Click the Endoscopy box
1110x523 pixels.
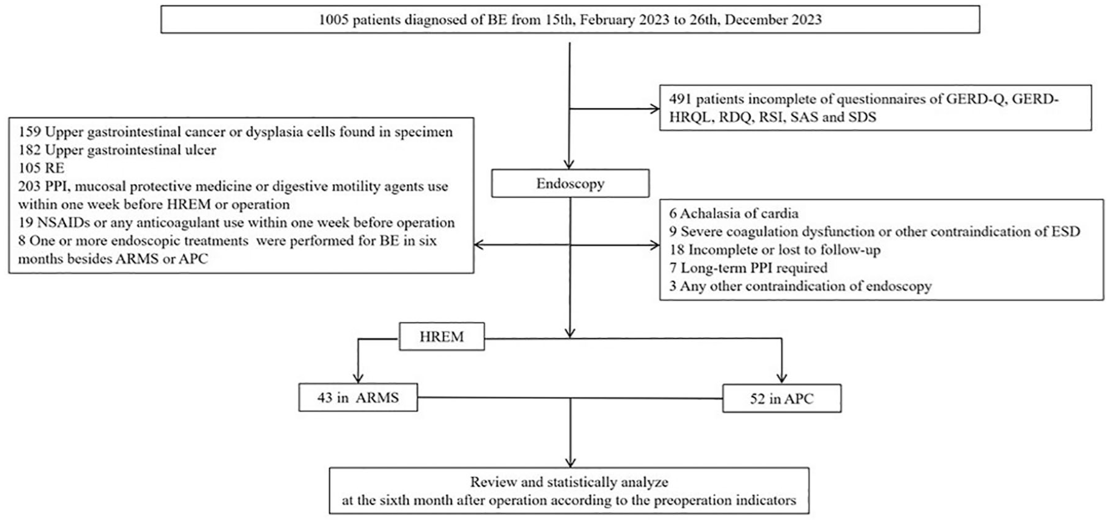click(x=570, y=183)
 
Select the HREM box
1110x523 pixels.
click(x=442, y=337)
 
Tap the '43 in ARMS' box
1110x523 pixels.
click(x=358, y=398)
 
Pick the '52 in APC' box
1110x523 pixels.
click(x=782, y=398)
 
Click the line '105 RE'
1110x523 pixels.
click(x=41, y=168)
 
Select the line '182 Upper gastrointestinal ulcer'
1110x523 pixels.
click(x=117, y=150)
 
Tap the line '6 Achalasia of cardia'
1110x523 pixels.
click(x=734, y=213)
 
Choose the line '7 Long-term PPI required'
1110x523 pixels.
click(x=748, y=268)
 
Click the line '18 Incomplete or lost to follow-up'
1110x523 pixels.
click(x=775, y=249)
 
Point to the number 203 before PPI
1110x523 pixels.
click(x=29, y=186)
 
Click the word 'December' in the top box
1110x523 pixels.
click(x=753, y=19)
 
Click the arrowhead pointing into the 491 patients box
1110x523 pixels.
click(x=655, y=109)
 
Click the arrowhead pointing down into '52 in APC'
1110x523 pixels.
click(x=782, y=378)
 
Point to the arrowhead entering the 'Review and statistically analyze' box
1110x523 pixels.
click(x=570, y=461)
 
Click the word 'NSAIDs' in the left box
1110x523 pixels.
click(x=61, y=222)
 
